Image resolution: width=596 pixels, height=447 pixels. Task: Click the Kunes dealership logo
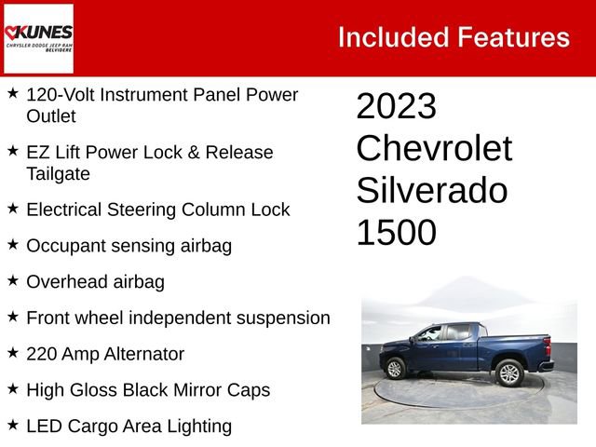tap(38, 38)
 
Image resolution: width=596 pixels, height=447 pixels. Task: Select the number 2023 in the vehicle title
tap(396, 107)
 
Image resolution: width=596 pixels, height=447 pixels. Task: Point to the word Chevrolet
tap(434, 149)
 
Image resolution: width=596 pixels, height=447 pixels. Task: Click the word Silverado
tap(431, 191)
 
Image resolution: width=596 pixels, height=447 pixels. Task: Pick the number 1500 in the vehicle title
tap(396, 233)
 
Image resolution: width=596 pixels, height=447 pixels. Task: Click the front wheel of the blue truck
tap(395, 369)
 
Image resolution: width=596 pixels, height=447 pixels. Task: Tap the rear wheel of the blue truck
tap(508, 373)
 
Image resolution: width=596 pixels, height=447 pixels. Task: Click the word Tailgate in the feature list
tap(58, 173)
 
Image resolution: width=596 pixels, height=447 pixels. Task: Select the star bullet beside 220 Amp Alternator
tap(13, 353)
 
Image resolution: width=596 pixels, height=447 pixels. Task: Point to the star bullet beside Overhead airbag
tap(13, 280)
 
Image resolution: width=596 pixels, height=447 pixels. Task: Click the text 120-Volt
tap(62, 95)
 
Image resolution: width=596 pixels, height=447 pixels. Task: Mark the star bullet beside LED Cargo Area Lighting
tap(13, 426)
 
